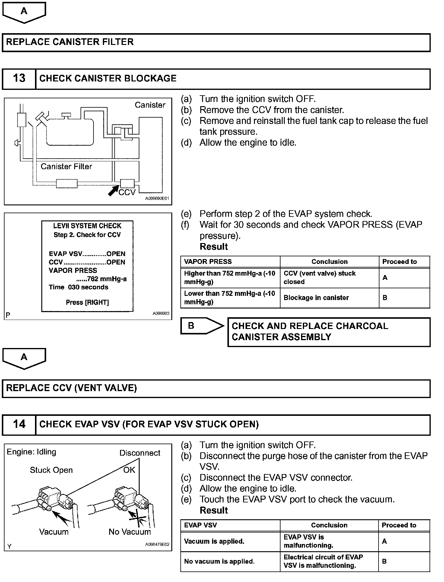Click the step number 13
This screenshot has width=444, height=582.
click(x=19, y=78)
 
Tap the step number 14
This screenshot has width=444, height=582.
click(x=19, y=424)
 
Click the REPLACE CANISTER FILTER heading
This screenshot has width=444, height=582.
click(x=70, y=42)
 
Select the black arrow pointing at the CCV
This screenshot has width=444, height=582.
click(x=114, y=190)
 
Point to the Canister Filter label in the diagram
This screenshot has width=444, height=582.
click(x=66, y=166)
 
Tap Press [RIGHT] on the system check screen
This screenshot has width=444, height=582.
click(x=87, y=302)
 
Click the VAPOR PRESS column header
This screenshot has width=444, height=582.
click(x=208, y=262)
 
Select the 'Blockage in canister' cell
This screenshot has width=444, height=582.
click(x=316, y=298)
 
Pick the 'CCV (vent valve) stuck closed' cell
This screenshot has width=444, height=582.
click(x=320, y=277)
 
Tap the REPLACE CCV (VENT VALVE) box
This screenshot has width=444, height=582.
click(x=216, y=388)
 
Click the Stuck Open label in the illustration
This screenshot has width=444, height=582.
click(x=51, y=470)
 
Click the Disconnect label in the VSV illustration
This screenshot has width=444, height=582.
click(x=140, y=453)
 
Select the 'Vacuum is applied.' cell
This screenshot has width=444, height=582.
click(x=214, y=541)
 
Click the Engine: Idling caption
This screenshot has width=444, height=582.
click(x=32, y=452)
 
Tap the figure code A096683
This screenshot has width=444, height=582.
click(x=161, y=314)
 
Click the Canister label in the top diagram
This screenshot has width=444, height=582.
click(x=150, y=105)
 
